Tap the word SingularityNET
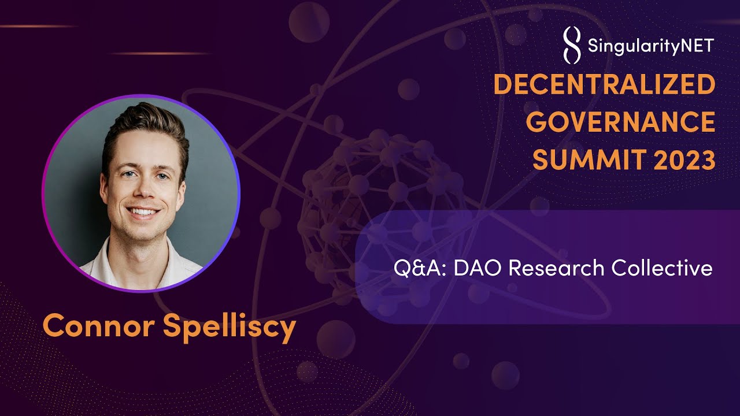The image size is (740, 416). (650, 45)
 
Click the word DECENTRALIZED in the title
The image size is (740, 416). (604, 85)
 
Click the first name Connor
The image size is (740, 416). (98, 326)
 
